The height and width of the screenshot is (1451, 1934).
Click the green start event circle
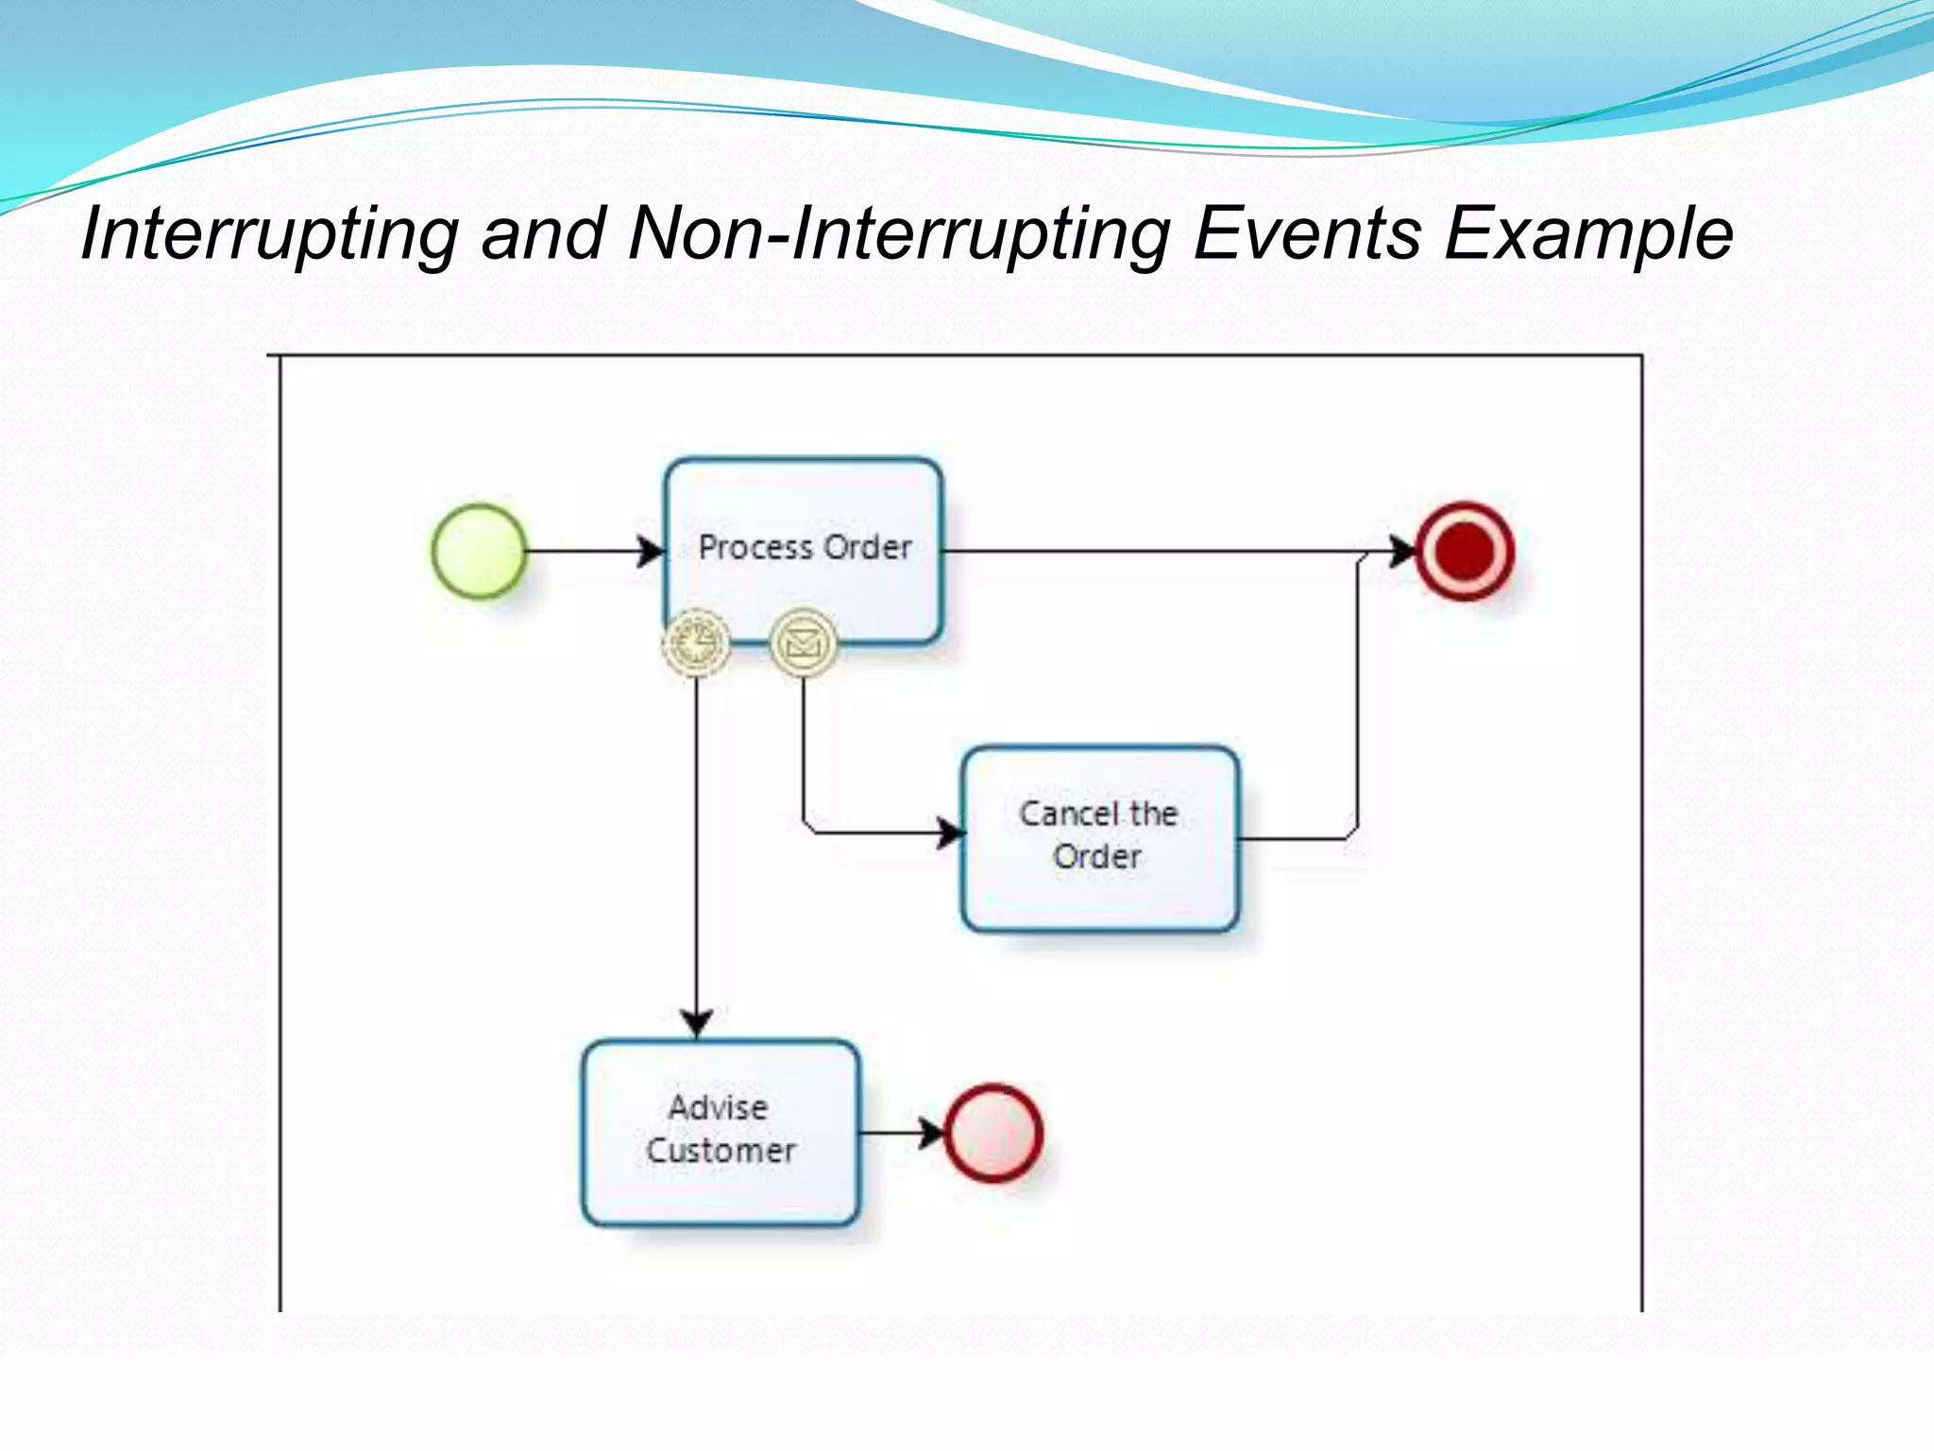point(479,551)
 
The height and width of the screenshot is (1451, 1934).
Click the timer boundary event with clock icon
point(696,642)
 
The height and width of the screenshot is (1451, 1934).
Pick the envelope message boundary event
point(804,642)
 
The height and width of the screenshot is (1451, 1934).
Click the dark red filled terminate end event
point(1465,551)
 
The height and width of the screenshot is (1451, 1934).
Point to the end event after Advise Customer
point(993,1132)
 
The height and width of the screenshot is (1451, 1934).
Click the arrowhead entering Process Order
point(652,551)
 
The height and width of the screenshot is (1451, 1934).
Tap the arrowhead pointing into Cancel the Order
point(950,833)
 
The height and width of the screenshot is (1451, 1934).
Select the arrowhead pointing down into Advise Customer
point(696,1022)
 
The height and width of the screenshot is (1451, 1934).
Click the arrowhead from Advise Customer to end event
point(931,1132)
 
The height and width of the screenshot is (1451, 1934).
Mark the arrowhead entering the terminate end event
point(1402,551)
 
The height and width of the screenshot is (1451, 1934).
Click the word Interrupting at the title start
point(270,233)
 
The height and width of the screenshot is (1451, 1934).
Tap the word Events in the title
point(1307,233)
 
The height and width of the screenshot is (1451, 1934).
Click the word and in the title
point(543,233)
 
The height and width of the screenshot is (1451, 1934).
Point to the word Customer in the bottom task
point(721,1151)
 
